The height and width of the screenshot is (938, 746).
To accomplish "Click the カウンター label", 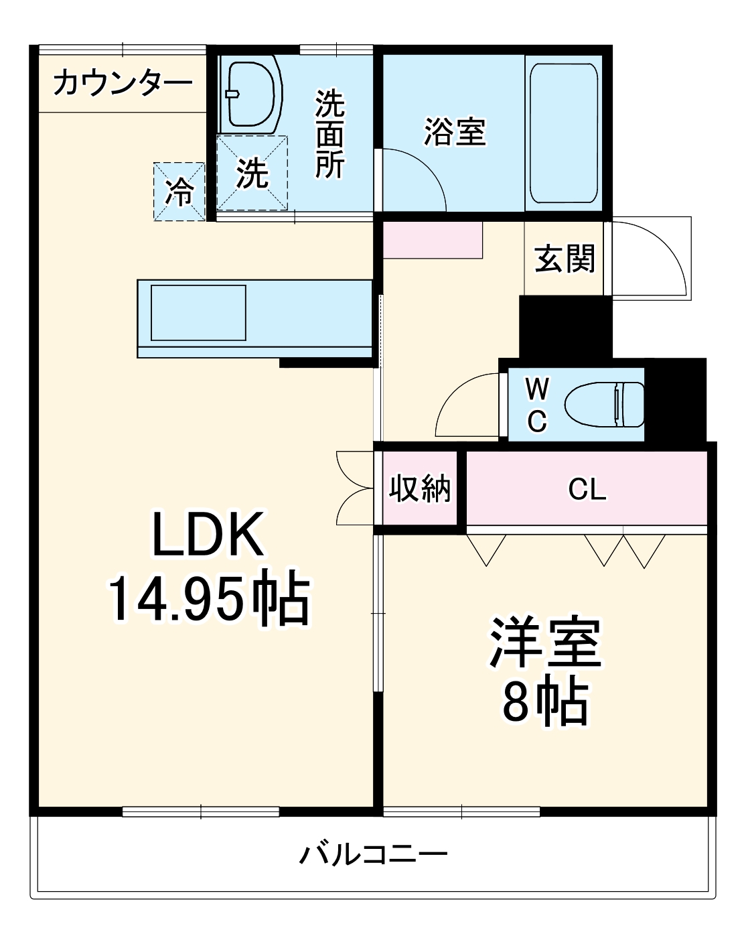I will coord(122,84).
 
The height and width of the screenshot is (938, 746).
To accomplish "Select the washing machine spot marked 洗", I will coord(252,174).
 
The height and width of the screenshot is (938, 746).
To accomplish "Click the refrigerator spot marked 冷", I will coord(179,192).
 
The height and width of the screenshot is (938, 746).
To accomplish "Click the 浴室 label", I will coord(455,132).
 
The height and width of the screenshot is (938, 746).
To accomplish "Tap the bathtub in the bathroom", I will coord(563,133).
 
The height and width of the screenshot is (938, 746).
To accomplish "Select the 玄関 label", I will coord(565,259).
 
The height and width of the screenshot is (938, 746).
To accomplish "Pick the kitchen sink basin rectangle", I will coord(198,312).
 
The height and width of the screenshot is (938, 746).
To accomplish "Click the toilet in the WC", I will coord(604,405).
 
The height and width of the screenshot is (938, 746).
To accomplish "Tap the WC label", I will coord(537,405).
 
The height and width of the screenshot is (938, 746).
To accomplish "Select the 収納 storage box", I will coord(420,488).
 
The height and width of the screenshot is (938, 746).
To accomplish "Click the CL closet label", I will coord(587,490).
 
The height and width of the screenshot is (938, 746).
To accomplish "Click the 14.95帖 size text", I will coord(208,598).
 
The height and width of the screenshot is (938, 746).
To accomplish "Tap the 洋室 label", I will coord(545,642).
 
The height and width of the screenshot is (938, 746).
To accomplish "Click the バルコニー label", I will coord(373,855).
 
